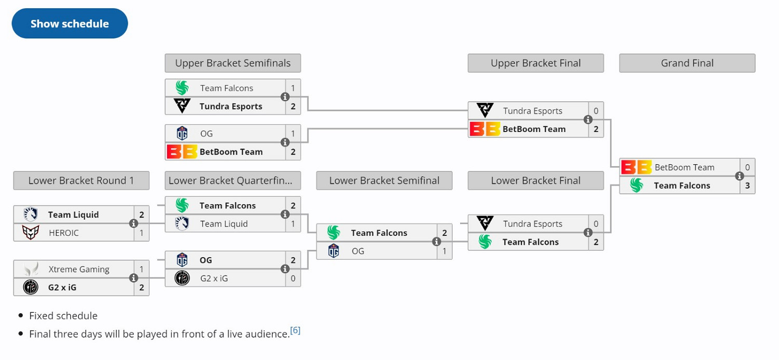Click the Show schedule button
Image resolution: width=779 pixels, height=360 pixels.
70,23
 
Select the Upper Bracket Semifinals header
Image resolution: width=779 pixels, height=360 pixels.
233,63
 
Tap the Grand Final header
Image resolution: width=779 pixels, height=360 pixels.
687,63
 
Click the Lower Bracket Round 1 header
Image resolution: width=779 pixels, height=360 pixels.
81,181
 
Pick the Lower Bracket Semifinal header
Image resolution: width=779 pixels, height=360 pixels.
384,181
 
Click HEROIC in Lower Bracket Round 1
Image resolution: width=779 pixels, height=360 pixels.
63,233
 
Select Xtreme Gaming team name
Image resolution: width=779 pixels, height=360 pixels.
79,269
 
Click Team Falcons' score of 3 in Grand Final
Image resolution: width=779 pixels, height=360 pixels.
747,185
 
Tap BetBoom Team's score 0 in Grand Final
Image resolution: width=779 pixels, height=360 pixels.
747,167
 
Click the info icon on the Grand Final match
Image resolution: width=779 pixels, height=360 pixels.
740,176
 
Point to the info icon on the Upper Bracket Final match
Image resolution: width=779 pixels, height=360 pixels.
588,119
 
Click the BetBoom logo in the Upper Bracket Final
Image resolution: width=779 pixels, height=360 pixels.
484,129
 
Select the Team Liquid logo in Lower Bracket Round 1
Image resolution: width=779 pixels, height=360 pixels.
31,215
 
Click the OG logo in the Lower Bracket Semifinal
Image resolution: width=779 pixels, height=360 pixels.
333,251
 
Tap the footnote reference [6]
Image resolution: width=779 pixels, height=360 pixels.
295,330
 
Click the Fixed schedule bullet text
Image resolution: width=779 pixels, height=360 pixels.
63,316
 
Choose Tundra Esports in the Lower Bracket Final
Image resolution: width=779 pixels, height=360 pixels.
532,224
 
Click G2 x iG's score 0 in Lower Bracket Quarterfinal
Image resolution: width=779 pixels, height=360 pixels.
293,278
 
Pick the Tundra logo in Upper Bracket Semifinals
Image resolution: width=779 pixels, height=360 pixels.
182,106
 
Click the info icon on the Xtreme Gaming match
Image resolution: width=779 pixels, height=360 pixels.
133,278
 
